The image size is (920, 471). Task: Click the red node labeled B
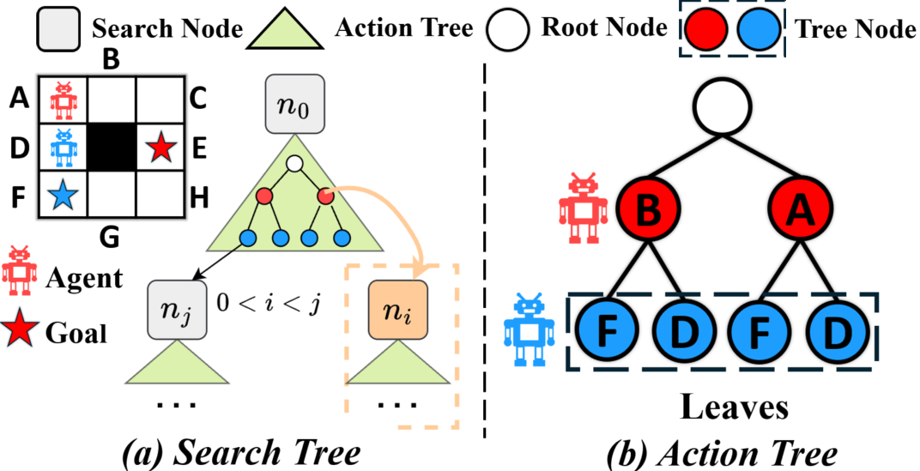650,207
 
